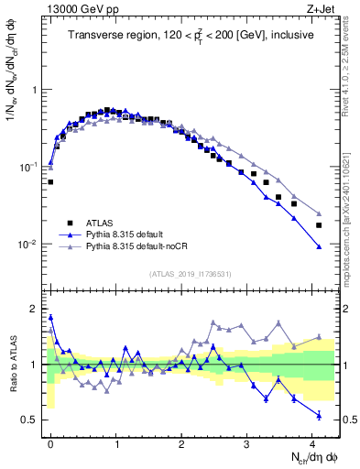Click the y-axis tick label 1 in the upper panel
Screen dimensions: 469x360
[x=35, y=91]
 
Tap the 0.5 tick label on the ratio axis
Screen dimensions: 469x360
[x=30, y=420]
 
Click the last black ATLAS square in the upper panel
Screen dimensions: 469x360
[x=319, y=224]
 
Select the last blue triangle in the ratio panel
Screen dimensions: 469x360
[x=319, y=416]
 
